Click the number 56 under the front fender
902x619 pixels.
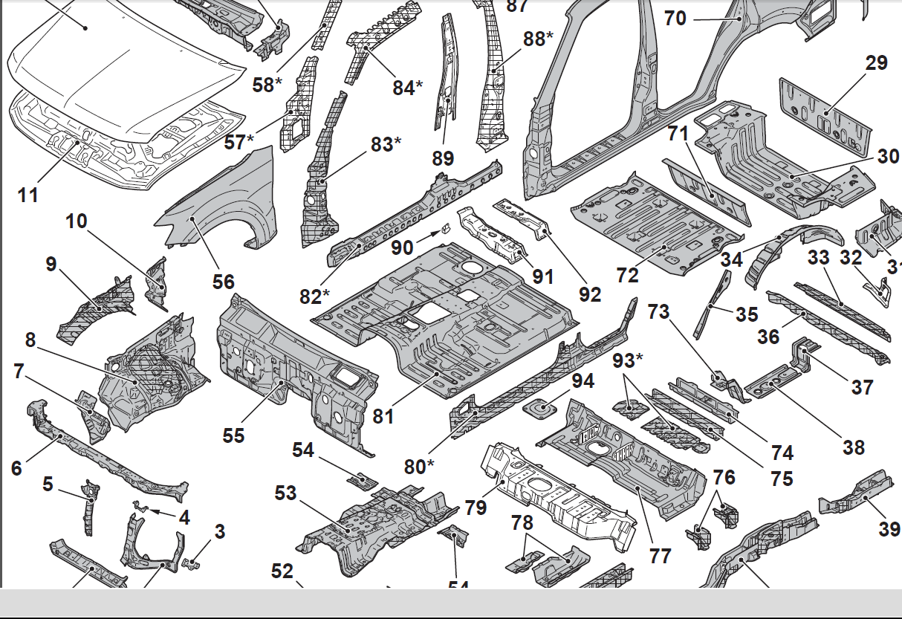point(223,282)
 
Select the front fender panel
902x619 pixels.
point(223,201)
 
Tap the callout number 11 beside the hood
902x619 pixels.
point(27,195)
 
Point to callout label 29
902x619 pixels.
point(877,62)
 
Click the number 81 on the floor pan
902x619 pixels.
point(383,417)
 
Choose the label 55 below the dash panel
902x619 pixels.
point(233,435)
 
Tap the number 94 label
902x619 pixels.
point(583,381)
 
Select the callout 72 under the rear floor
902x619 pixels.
point(628,274)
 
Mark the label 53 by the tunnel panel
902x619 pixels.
point(285,493)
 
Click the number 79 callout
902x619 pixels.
point(476,508)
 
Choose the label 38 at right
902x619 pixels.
point(854,447)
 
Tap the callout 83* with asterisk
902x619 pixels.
point(386,144)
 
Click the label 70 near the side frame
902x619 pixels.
point(675,17)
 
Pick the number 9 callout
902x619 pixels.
point(51,264)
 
